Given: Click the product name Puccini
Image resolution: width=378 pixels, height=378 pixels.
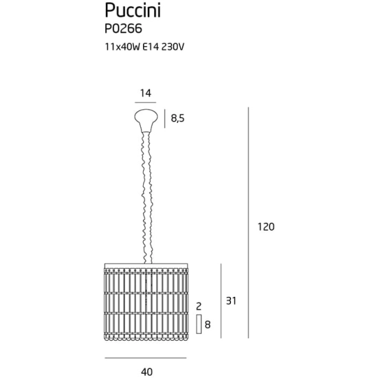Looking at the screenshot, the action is (133, 11).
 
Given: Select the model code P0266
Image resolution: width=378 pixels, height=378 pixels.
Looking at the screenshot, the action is (123, 29).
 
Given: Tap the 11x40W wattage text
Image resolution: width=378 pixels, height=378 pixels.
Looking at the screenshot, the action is (122, 47).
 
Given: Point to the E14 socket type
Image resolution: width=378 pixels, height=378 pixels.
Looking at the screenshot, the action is (151, 47).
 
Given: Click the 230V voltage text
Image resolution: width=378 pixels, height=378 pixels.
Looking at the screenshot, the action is (173, 47).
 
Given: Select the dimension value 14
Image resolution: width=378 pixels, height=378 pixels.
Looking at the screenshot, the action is (146, 93).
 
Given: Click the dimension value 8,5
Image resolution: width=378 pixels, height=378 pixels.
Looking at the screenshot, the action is (178, 118).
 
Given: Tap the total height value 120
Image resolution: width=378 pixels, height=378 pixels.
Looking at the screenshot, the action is (266, 227).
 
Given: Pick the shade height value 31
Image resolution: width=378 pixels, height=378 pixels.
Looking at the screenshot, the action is (231, 301).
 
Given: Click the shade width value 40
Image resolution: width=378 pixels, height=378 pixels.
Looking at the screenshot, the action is (146, 372).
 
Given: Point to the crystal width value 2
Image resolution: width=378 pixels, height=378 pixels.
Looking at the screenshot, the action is (199, 307).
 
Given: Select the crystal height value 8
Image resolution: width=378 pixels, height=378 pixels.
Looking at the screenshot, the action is (208, 324).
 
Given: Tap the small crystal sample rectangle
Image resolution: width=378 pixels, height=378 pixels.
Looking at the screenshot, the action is (199, 324).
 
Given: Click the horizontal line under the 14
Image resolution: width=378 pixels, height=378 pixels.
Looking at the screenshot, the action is (146, 102).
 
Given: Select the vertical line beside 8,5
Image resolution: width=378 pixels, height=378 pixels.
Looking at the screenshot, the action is (165, 119).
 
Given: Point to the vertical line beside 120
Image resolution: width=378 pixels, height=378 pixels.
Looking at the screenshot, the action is (248, 223).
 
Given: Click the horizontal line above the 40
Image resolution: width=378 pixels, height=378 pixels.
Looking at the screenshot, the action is (146, 358).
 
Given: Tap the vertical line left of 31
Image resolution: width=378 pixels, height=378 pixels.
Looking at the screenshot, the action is (221, 301).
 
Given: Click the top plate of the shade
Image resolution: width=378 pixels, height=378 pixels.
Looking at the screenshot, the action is (146, 265).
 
